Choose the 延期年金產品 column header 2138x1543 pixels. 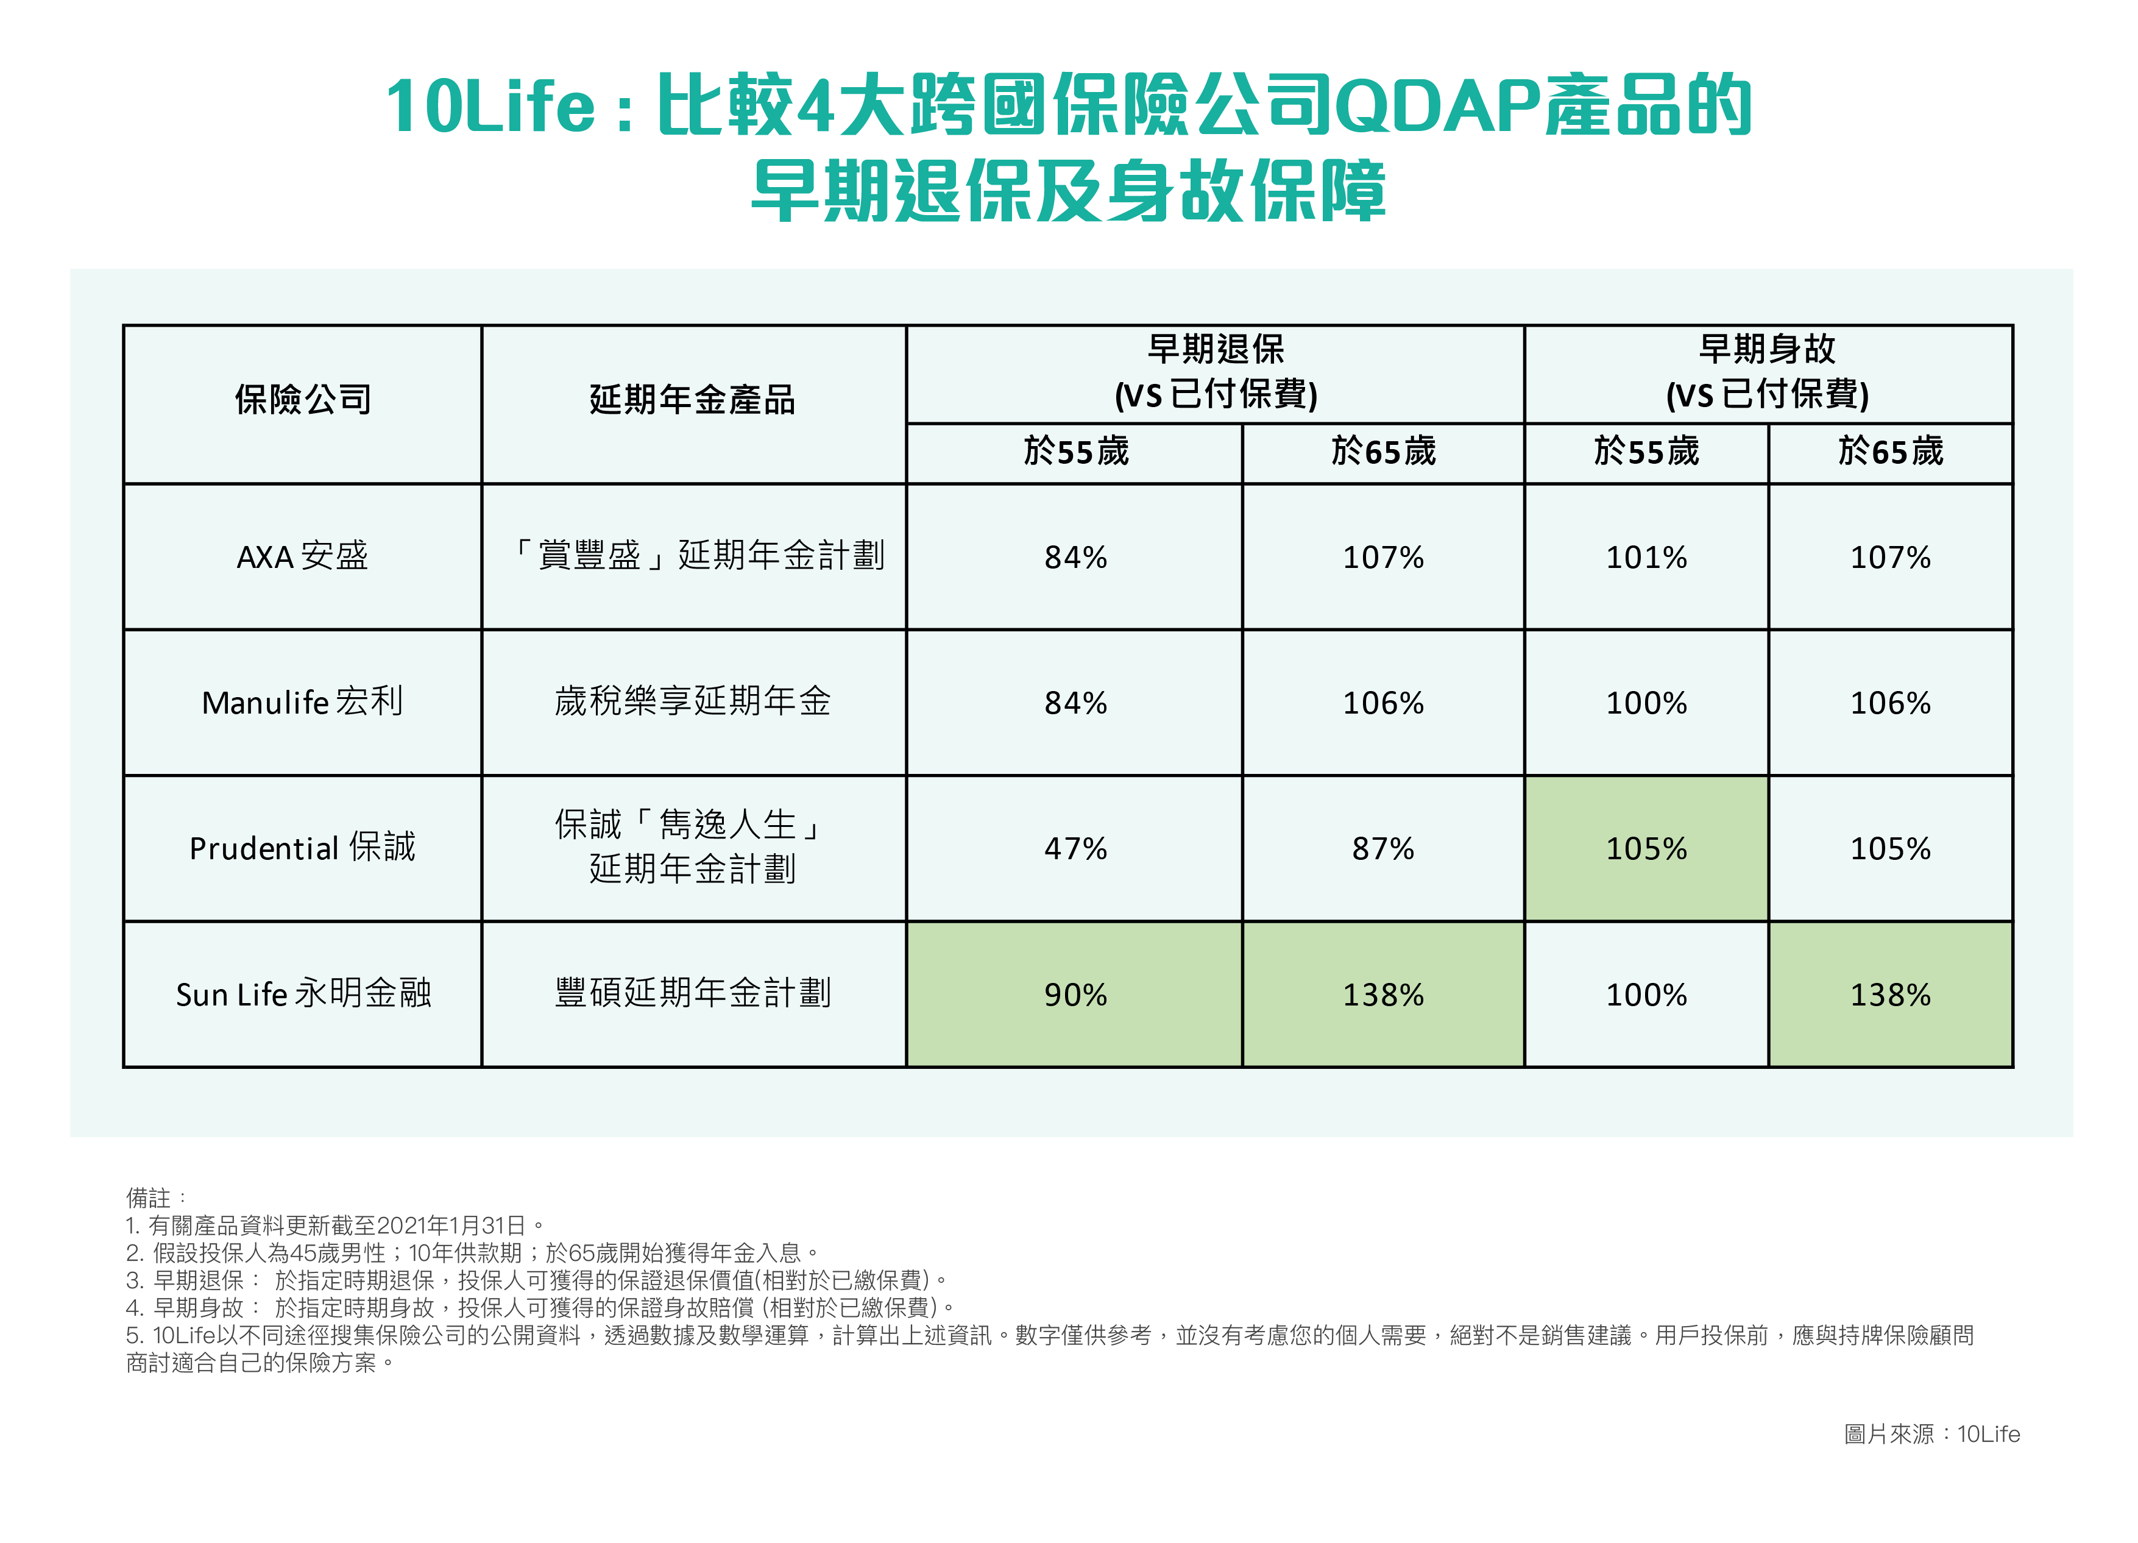coord(693,400)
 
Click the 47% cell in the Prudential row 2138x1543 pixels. coord(1075,848)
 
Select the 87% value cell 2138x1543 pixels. coord(1383,848)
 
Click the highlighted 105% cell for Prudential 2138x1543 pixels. coord(1646,848)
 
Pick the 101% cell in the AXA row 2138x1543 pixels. coord(1646,557)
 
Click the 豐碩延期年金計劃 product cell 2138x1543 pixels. coord(693,993)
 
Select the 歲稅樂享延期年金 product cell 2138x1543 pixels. coord(693,702)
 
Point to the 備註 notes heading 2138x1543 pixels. coord(149,1198)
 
